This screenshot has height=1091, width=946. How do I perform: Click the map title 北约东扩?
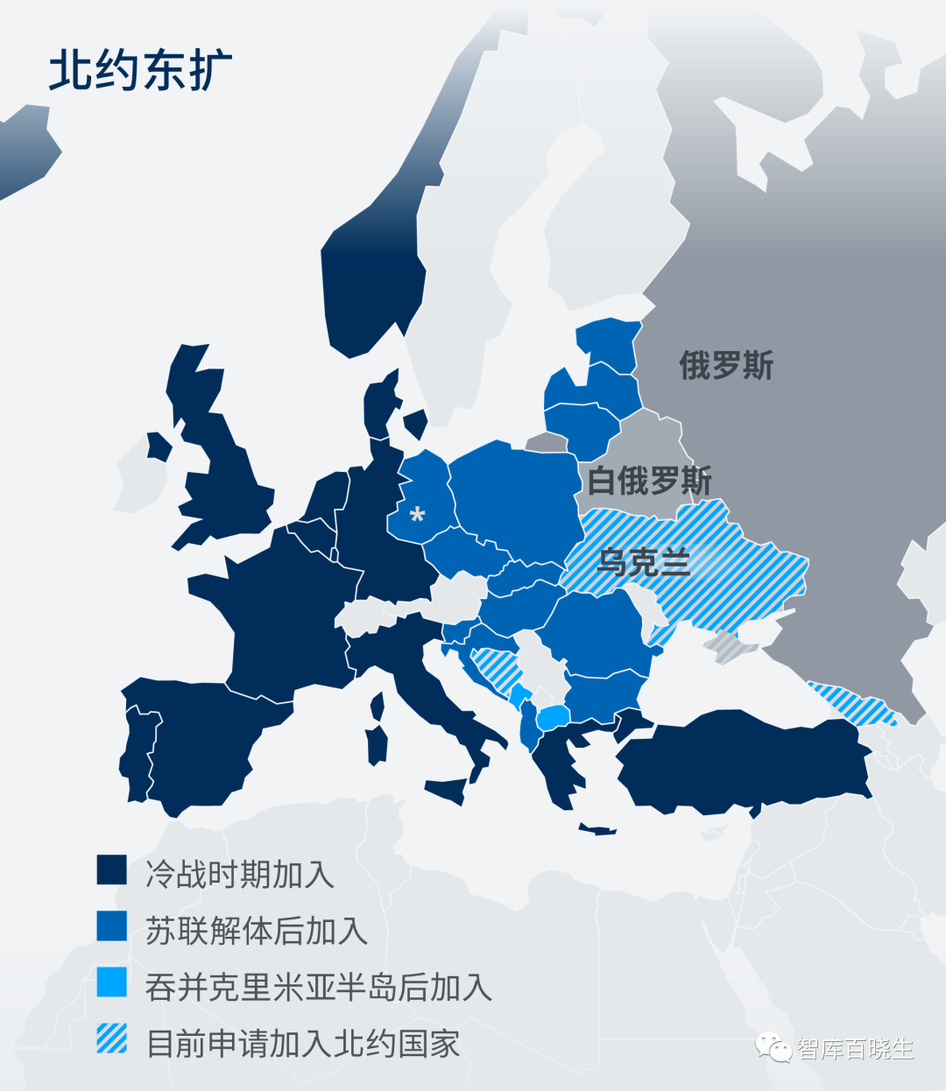(x=140, y=70)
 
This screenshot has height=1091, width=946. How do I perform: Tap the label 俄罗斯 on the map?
(x=726, y=365)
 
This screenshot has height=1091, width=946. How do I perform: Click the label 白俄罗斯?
(x=649, y=480)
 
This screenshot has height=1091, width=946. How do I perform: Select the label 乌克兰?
(x=643, y=561)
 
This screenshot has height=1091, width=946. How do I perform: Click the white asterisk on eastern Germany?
(x=417, y=514)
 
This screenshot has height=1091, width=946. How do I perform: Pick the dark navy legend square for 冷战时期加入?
(x=112, y=870)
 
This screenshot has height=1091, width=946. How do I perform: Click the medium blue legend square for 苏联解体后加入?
(x=112, y=926)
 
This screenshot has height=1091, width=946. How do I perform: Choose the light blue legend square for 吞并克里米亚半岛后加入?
(x=112, y=982)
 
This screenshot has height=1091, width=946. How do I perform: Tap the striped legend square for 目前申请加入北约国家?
(x=112, y=1038)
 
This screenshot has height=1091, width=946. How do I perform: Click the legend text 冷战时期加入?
(x=239, y=874)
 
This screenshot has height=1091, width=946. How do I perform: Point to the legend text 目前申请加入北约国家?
(x=302, y=1043)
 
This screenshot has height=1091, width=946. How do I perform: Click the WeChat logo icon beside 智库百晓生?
(x=774, y=1047)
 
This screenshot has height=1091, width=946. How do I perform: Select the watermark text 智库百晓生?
(x=855, y=1049)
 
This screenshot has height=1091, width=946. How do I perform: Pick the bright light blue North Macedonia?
(x=553, y=718)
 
